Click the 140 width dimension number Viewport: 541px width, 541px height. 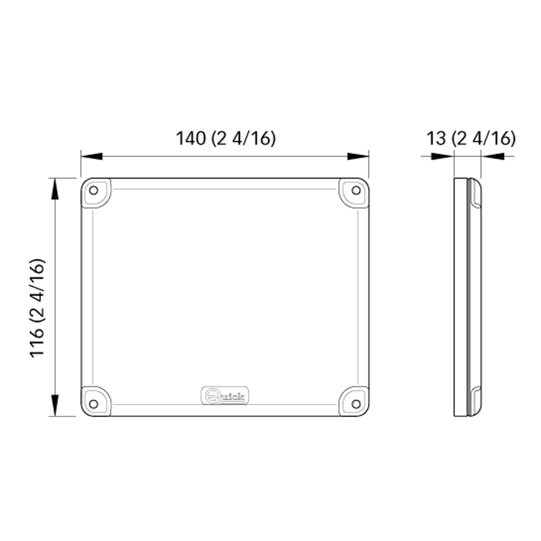(x=191, y=138)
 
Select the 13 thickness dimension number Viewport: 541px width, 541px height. (x=436, y=138)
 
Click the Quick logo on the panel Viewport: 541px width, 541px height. (x=225, y=396)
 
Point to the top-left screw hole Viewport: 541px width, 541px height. (x=93, y=190)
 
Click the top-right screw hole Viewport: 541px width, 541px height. (x=356, y=190)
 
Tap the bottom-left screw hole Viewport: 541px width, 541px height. (x=93, y=404)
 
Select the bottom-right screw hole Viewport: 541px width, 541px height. (x=356, y=404)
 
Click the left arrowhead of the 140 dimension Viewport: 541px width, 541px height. (x=92, y=156)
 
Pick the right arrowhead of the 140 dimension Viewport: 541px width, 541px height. (x=358, y=156)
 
